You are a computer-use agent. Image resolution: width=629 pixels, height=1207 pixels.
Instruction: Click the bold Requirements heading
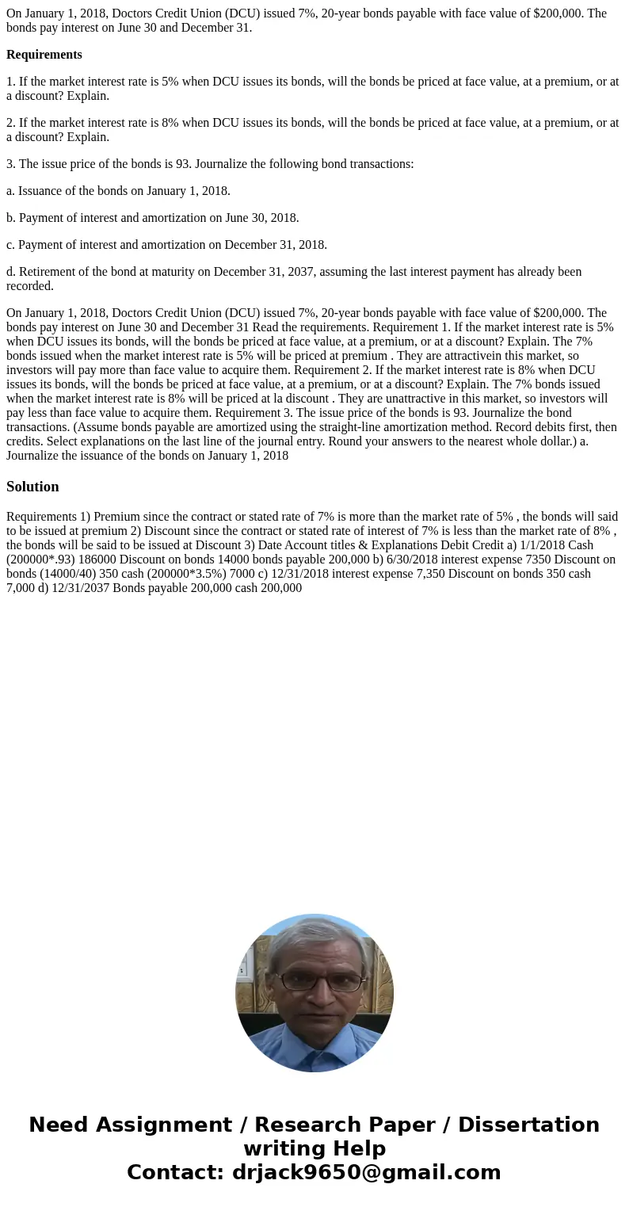pos(44,55)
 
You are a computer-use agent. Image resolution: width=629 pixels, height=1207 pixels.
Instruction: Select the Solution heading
pos(32,487)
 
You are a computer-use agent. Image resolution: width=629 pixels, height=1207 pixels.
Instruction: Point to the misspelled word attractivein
pos(489,356)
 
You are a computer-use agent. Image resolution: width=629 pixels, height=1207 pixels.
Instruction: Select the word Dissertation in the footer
pos(528,1125)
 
